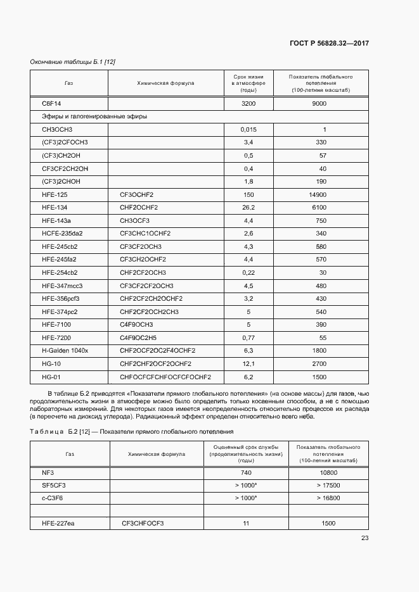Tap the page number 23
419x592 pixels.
tap(364, 538)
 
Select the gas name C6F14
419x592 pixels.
tap(50, 103)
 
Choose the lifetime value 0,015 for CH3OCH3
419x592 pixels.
tap(248, 130)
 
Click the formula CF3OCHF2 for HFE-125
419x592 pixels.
tap(136, 194)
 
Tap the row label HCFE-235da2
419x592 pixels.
tap(61, 233)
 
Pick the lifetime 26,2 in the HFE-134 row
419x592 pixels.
tap(248, 207)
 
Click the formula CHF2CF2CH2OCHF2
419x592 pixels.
tap(151, 298)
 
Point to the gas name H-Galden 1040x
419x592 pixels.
tap(65, 350)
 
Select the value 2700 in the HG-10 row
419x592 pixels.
tap(319, 363)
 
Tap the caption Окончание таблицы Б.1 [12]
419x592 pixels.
tap(72, 61)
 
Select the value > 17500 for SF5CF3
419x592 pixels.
tap(328, 485)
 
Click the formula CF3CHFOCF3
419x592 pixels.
tap(143, 524)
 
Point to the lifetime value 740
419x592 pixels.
tap(246, 473)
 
